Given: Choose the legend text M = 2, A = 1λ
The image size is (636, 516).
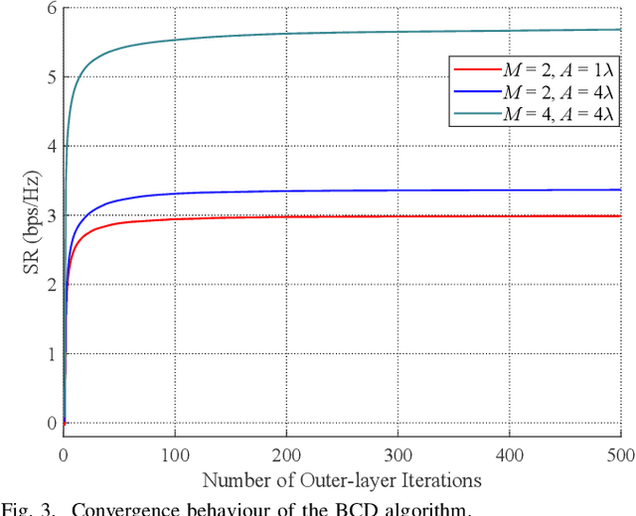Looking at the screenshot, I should click(552, 69).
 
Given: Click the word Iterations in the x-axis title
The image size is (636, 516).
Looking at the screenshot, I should click(442, 480).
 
